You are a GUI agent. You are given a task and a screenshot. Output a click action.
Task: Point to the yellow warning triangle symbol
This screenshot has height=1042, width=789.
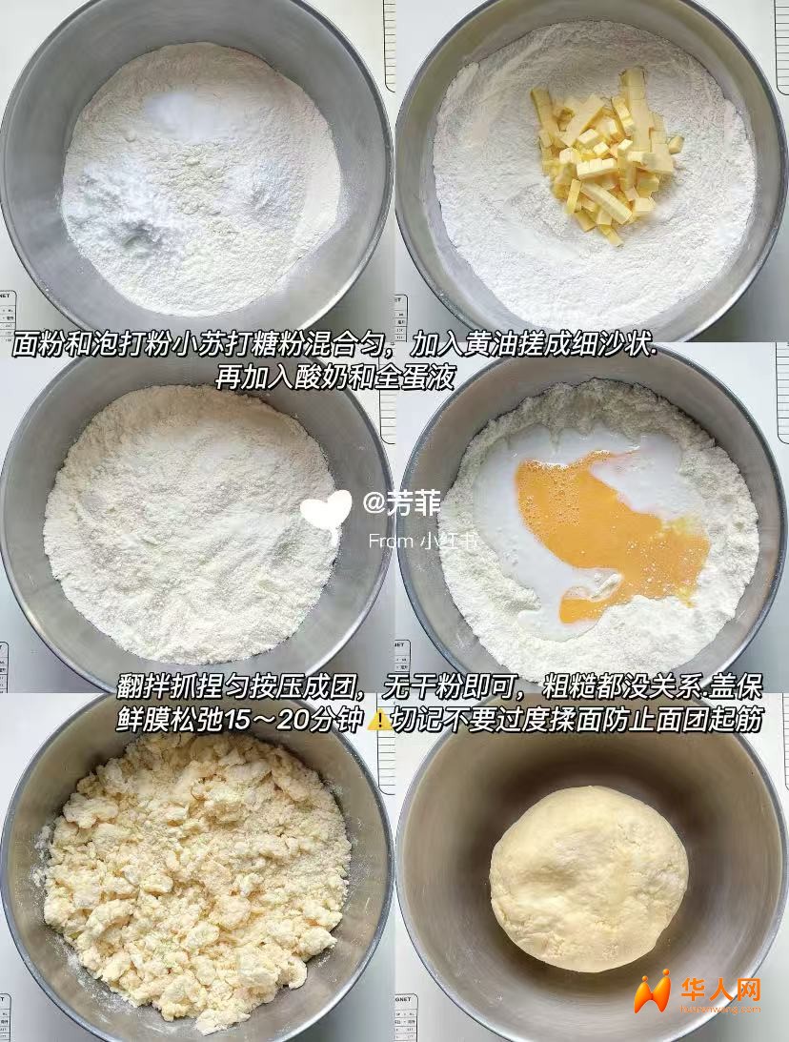[x=379, y=720]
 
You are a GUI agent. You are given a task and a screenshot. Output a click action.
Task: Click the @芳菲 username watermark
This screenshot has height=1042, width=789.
[x=401, y=503]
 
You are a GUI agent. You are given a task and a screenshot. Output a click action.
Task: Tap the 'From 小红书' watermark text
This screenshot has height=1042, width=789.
[x=423, y=541]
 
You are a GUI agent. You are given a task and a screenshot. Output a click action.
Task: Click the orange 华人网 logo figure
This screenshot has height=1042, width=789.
[x=652, y=992]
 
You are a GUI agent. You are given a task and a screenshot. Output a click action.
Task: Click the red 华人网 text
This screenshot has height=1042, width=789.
[x=720, y=991]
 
